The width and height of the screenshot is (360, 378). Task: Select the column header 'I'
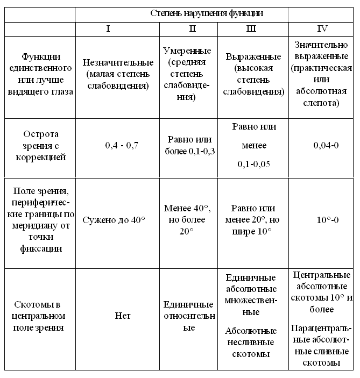tap(108, 28)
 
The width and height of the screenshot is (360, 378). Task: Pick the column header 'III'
tap(251, 28)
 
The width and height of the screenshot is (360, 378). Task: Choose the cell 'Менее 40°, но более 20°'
tap(189, 219)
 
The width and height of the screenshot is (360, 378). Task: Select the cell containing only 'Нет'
tap(123, 316)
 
